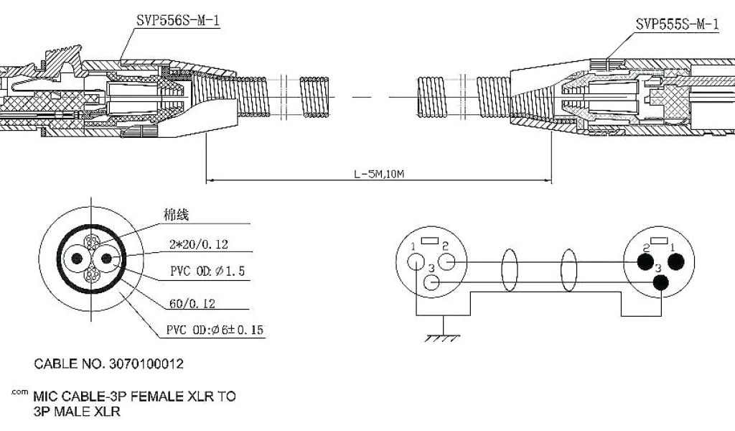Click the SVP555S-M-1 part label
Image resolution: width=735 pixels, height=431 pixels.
click(x=677, y=24)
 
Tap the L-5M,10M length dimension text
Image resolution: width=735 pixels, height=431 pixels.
click(x=380, y=173)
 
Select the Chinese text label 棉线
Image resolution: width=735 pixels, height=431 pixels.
click(x=176, y=215)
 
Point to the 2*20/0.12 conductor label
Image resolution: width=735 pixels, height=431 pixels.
click(x=199, y=245)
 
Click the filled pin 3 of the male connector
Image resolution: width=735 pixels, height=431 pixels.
click(x=661, y=284)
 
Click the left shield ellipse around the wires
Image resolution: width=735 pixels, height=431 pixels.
click(x=510, y=271)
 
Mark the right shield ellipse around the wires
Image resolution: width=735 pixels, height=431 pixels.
click(x=568, y=271)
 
